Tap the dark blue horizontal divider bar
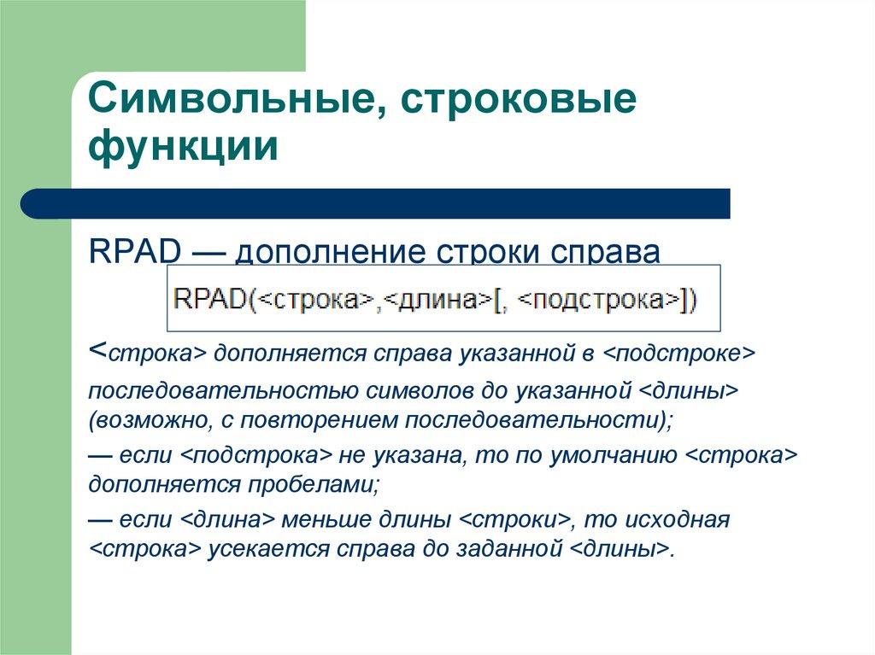click(376, 203)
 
